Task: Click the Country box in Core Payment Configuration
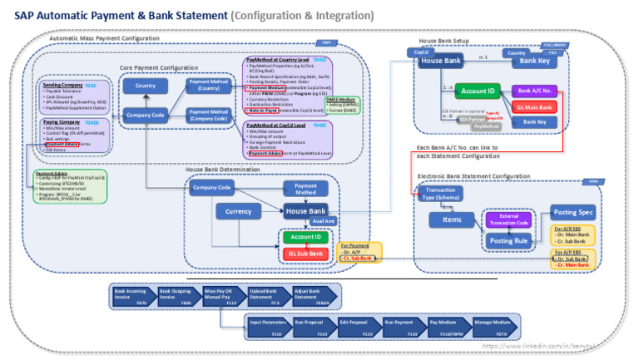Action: click(x=146, y=86)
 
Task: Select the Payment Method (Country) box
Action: click(x=209, y=85)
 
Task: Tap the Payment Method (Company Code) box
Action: click(x=209, y=116)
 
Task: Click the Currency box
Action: click(x=239, y=211)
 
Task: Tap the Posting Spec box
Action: click(x=572, y=212)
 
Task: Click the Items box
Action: click(x=452, y=219)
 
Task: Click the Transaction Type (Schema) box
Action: click(x=440, y=194)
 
